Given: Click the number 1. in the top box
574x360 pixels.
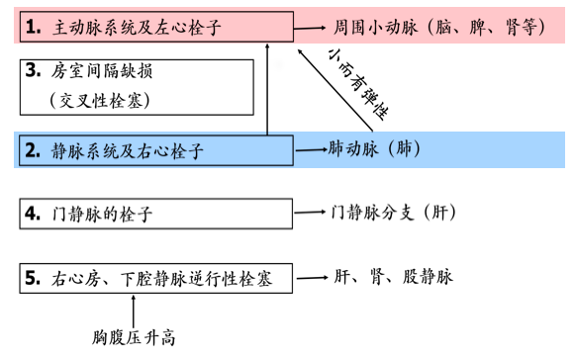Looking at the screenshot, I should [35, 26].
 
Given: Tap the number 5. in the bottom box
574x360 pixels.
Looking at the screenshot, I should [35, 278].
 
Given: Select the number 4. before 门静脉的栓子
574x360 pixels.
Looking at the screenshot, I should [35, 213].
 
